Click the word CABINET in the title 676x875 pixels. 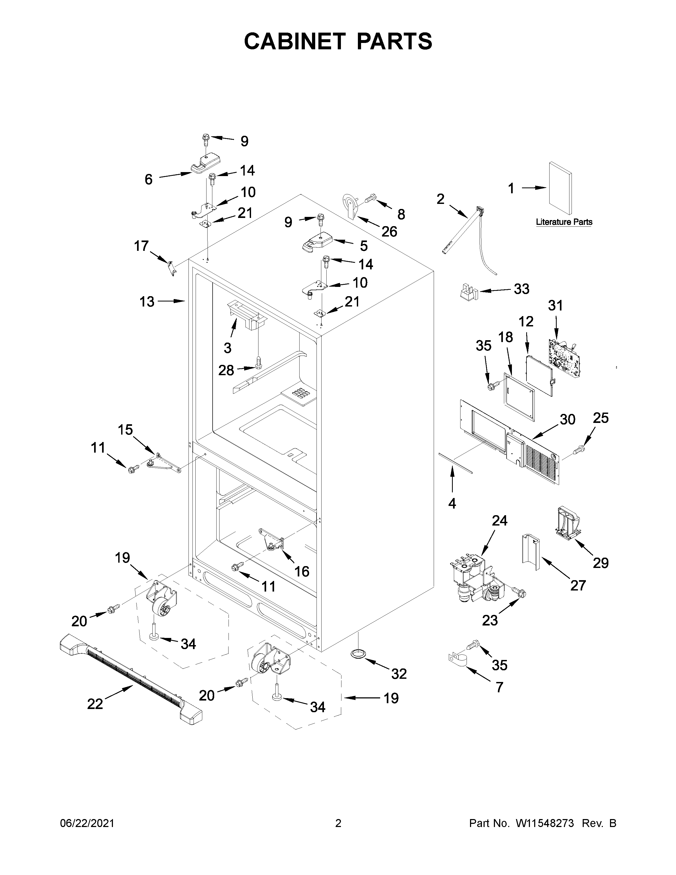click(x=295, y=41)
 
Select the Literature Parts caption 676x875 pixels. click(x=564, y=222)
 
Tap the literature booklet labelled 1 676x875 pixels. click(x=560, y=188)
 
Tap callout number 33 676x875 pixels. click(x=521, y=289)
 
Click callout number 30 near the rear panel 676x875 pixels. click(x=568, y=419)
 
